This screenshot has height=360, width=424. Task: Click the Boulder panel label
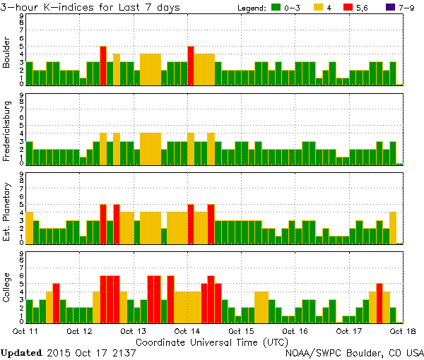7,53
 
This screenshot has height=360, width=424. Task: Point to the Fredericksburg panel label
7,132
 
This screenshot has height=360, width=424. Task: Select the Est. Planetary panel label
7,211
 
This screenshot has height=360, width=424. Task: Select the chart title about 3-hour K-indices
90,7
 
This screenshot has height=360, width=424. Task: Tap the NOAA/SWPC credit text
354,352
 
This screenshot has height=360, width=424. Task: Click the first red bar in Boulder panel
103,65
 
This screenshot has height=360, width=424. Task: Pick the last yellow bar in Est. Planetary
393,227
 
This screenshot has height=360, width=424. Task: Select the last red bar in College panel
379,302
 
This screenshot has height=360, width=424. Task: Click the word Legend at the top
248,7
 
